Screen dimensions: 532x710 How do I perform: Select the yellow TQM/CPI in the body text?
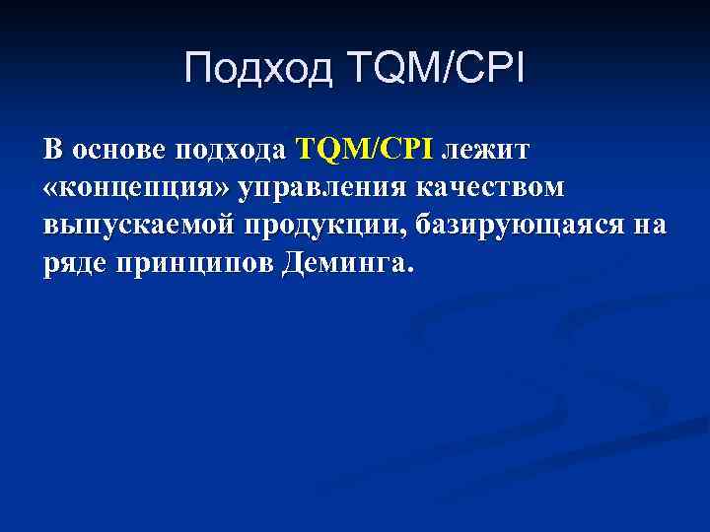[x=364, y=150]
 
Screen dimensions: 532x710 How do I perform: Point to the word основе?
[x=117, y=150]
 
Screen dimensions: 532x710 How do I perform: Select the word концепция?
[x=139, y=187]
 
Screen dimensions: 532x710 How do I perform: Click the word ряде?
[x=76, y=263]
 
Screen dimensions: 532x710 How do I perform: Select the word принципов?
[x=194, y=263]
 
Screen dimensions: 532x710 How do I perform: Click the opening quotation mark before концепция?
[x=52, y=188]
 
